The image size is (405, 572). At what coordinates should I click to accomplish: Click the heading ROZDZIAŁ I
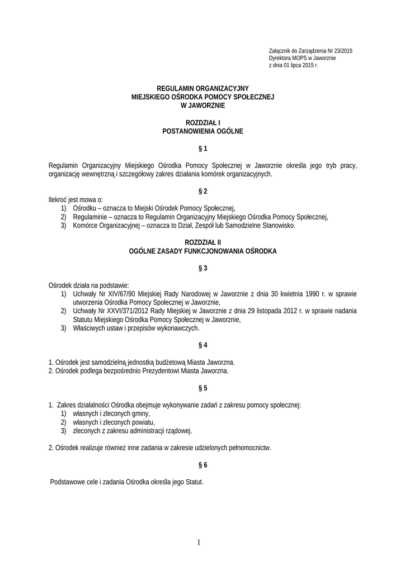tap(202, 123)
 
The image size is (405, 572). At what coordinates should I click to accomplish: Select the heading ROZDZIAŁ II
tap(202, 242)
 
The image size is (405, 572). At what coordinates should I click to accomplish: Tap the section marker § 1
tap(202, 149)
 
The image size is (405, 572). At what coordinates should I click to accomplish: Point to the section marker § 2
tap(202, 191)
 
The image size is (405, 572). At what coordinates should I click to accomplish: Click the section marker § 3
tap(202, 268)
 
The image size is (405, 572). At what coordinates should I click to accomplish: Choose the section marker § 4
tap(202, 345)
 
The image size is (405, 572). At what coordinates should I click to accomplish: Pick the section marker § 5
tap(202, 388)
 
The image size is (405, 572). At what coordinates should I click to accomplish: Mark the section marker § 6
tap(202, 465)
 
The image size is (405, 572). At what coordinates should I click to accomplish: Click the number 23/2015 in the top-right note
tap(341, 51)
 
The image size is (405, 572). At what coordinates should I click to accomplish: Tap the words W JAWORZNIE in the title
tap(202, 105)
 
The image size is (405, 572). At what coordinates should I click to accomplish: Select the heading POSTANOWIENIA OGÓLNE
tap(202, 132)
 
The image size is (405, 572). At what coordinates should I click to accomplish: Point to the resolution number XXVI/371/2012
tap(114, 311)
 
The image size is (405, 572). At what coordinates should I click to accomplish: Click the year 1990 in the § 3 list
tap(312, 293)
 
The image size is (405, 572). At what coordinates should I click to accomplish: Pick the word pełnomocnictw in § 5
tap(249, 448)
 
